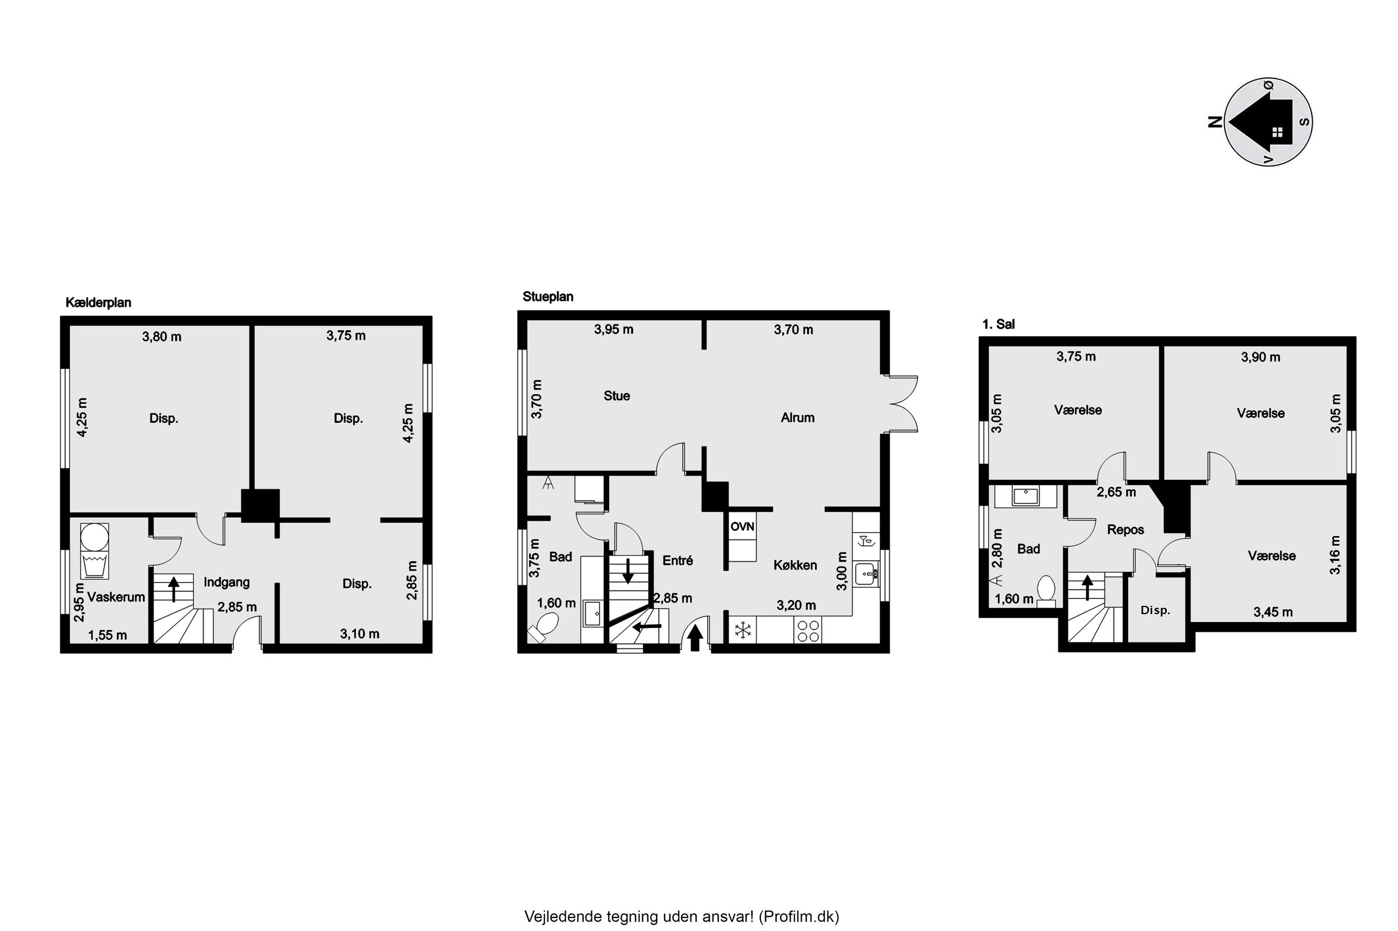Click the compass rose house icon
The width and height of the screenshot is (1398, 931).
click(x=1261, y=122)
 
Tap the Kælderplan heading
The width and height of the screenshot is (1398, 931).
click(x=98, y=303)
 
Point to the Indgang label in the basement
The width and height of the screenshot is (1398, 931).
click(x=226, y=582)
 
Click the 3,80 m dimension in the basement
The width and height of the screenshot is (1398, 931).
click(x=162, y=337)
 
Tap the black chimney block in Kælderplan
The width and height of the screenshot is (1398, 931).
click(x=260, y=506)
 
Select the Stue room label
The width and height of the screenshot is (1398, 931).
click(x=617, y=396)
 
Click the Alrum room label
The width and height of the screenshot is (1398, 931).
click(x=797, y=418)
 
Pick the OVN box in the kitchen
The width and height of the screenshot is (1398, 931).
click(x=742, y=526)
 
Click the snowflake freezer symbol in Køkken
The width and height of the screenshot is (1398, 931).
click(x=743, y=631)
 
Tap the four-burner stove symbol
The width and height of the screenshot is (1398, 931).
click(x=808, y=631)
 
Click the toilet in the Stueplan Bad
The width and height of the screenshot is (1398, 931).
click(x=544, y=627)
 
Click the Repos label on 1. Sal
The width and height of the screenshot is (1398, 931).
click(x=1125, y=530)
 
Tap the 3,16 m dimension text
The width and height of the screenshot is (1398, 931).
click(x=1335, y=554)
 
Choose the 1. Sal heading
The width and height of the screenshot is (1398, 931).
click(x=998, y=324)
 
